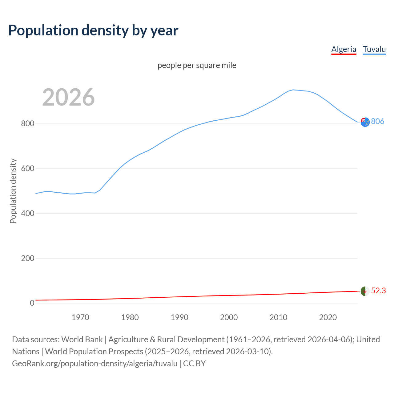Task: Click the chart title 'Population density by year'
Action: coord(93,30)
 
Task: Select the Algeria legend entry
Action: coord(344,49)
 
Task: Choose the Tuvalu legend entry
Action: coord(374,49)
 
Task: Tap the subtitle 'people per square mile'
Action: coord(197,65)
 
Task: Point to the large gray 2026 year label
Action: coord(68,97)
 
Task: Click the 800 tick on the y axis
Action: coord(27,124)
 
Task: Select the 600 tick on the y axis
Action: coord(27,169)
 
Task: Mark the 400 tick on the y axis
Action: coord(27,213)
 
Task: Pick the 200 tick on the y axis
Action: coord(27,258)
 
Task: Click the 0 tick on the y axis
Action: coord(32,303)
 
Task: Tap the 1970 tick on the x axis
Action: coord(80,317)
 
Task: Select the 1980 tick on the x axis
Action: coord(130,317)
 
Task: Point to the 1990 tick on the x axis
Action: coord(179,317)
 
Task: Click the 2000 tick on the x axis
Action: coord(229,317)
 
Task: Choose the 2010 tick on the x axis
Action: coord(278,317)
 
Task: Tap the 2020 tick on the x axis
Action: coord(328,317)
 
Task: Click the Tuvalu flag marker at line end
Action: coord(365,122)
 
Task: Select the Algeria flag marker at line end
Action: coord(365,291)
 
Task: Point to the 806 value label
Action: coord(378,121)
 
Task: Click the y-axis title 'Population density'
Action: coord(13,191)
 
